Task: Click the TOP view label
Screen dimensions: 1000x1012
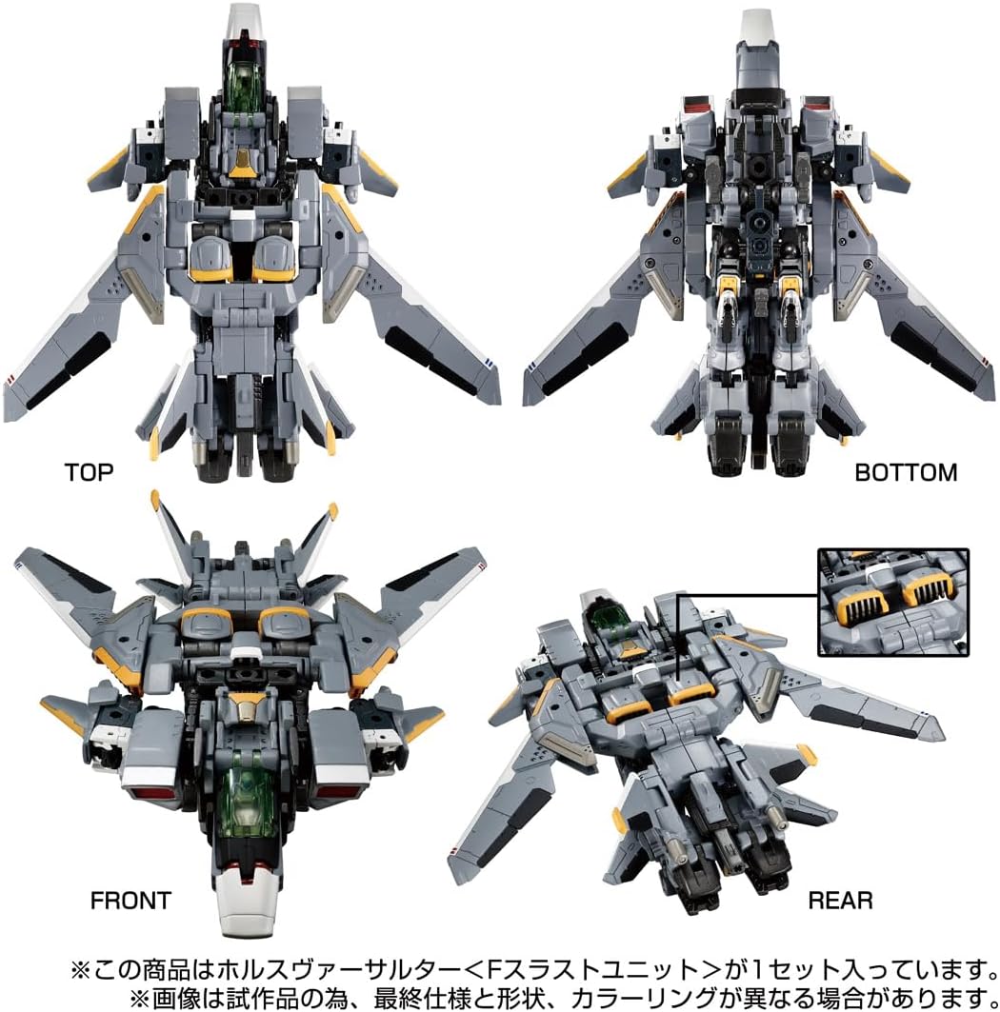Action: pyautogui.click(x=89, y=471)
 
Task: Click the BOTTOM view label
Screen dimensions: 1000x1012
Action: pyautogui.click(x=906, y=471)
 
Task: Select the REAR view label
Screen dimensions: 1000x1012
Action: pyautogui.click(x=839, y=900)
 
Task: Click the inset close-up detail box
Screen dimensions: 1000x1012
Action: pyautogui.click(x=892, y=602)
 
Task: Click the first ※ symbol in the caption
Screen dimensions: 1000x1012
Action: pyautogui.click(x=80, y=970)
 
